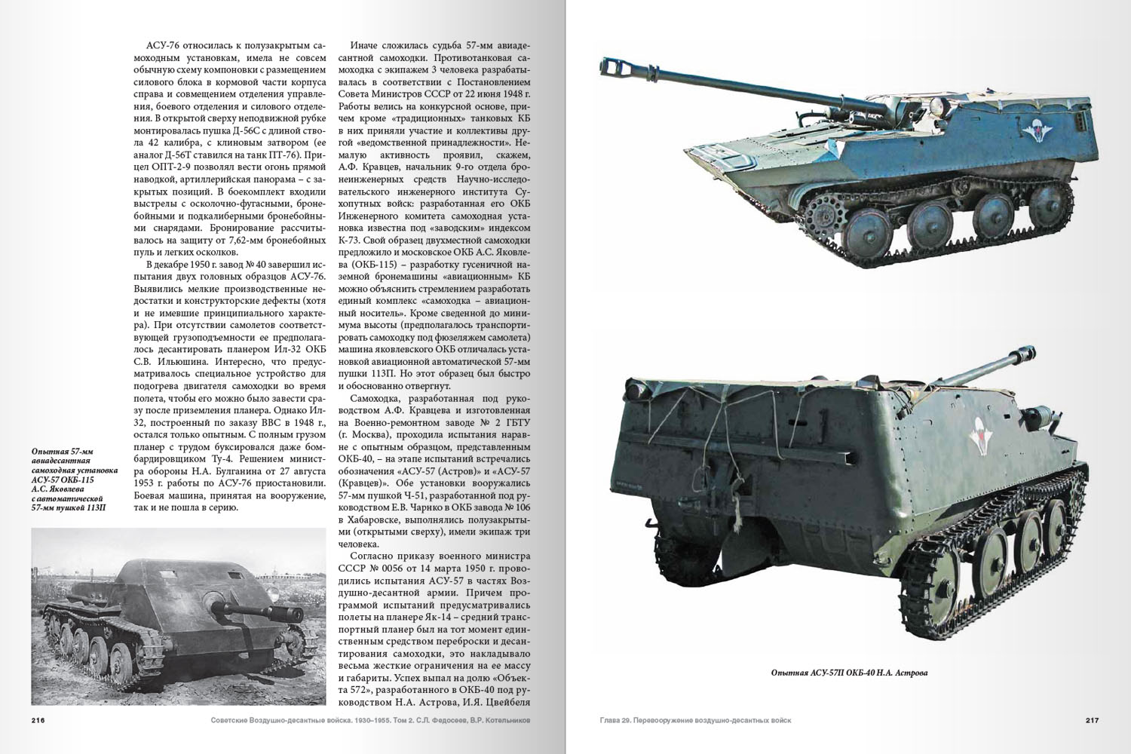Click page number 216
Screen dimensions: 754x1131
tap(38, 720)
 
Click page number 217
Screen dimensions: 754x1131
tap(1092, 720)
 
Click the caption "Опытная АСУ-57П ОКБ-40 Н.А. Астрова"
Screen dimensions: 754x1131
tap(849, 673)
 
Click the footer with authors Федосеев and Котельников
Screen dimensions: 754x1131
tap(372, 720)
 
